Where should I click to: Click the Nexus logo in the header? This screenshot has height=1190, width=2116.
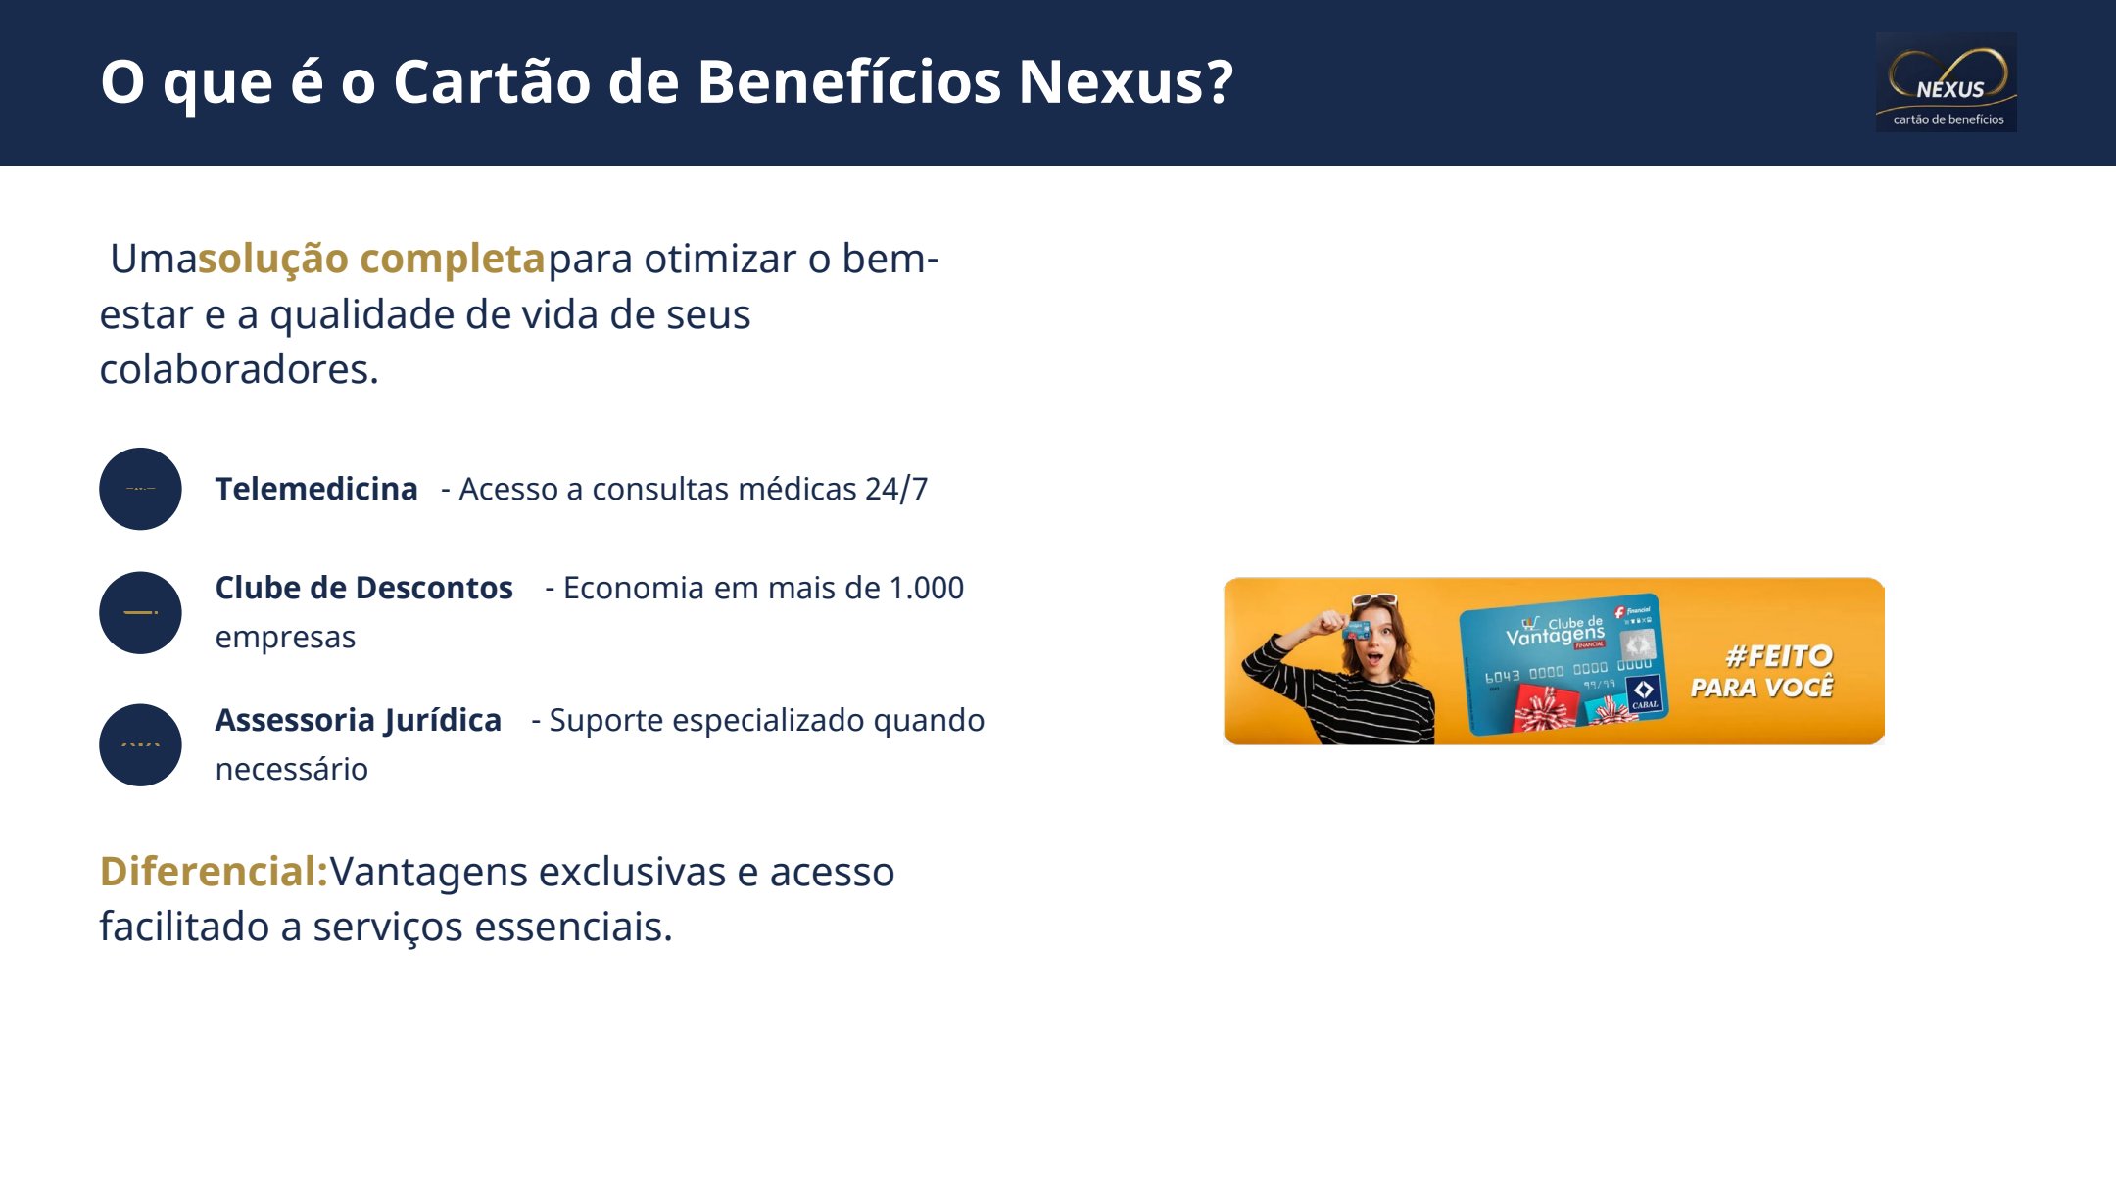click(x=1946, y=82)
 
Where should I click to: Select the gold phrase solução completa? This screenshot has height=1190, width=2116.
click(x=371, y=259)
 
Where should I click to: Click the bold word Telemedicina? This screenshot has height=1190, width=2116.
click(x=316, y=488)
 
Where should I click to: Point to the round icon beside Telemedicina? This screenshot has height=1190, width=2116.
click(x=140, y=489)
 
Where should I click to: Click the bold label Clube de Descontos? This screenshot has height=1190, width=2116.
click(x=363, y=588)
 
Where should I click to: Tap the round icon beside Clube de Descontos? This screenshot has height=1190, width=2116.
click(x=140, y=613)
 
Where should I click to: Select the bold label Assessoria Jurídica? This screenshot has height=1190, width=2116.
click(x=358, y=720)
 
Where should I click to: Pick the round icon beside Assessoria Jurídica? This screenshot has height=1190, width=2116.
click(x=140, y=745)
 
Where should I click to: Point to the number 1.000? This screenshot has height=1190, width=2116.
click(x=926, y=588)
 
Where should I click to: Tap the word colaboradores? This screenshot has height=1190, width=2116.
click(x=238, y=369)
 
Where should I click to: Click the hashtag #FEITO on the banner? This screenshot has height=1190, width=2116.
click(x=1778, y=655)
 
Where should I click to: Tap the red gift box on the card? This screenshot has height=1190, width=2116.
click(x=1546, y=707)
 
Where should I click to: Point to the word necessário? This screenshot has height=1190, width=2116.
click(x=291, y=769)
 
